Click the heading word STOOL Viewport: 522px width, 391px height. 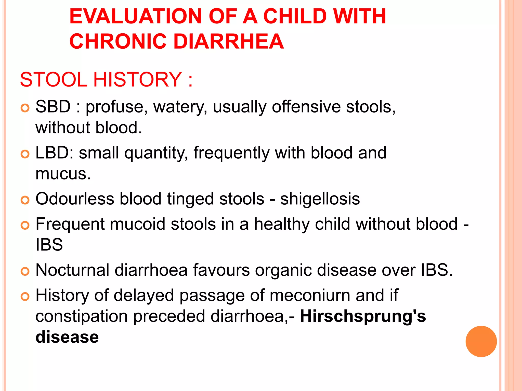tap(54, 80)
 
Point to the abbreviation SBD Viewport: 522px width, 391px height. tap(53, 107)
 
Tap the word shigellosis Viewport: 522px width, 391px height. tap(320, 199)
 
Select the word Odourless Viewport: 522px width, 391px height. tap(75, 199)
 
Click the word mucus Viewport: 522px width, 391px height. tap(63, 174)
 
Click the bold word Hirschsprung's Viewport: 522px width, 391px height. tap(363, 316)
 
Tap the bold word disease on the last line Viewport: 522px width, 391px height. tap(67, 337)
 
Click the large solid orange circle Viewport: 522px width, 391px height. tap(481, 341)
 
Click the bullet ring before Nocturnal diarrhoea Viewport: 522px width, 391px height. tap(25, 272)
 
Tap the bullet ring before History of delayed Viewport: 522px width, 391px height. tap(25, 297)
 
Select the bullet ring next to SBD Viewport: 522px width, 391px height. tap(25, 108)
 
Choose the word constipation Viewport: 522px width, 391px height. tap(81, 316)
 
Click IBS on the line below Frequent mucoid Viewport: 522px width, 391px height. tap(49, 245)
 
